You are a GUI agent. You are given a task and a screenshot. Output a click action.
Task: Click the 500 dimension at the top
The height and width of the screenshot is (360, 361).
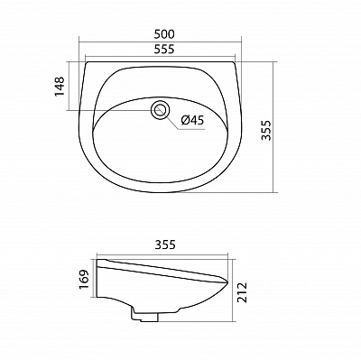point(164,33)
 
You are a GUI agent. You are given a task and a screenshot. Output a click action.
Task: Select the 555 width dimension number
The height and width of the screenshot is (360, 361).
point(164,51)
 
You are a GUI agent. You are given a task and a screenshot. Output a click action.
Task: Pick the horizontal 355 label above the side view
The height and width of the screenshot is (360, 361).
point(164,244)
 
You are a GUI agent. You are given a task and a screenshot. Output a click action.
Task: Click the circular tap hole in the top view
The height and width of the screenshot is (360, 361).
point(161,110)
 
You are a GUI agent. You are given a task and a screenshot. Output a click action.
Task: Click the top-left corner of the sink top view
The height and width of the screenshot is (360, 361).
point(83,62)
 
